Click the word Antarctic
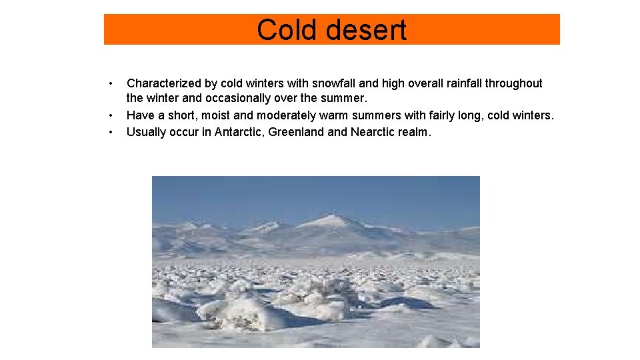click(x=238, y=132)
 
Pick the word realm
click(x=415, y=132)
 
